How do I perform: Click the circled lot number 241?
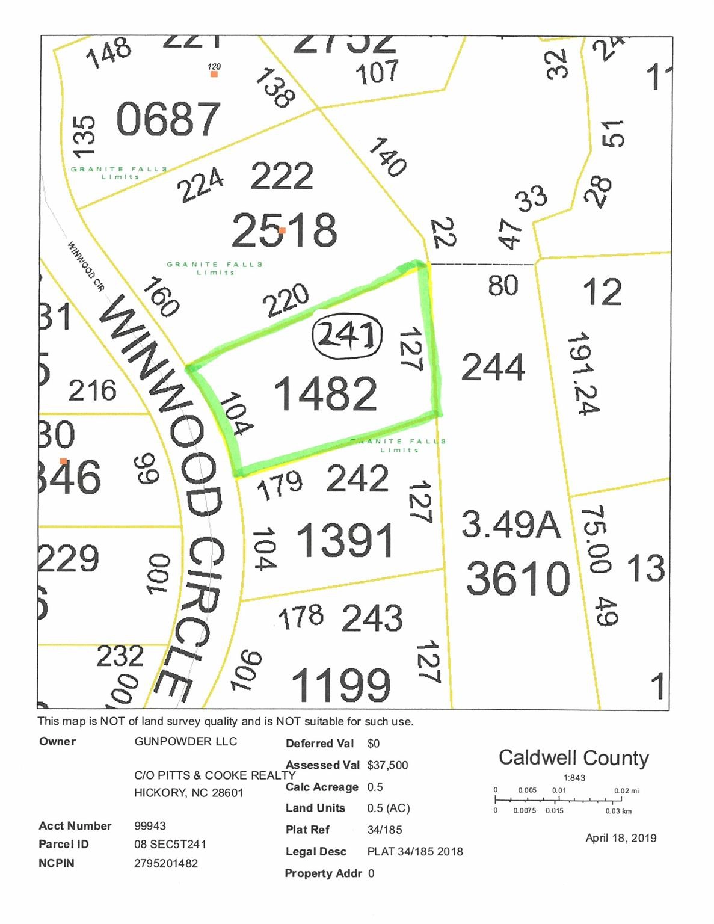tap(347, 336)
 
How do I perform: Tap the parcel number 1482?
tap(325, 394)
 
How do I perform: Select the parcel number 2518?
tap(284, 230)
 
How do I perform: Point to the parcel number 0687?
tap(168, 119)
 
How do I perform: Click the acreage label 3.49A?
tap(511, 524)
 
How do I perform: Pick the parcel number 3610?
tap(518, 578)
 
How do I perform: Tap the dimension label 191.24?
tap(582, 373)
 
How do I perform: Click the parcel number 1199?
tap(341, 685)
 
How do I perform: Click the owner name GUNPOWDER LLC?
tap(186, 741)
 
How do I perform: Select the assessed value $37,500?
tap(387, 765)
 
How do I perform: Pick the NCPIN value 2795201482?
tap(166, 863)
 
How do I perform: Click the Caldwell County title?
tap(573, 758)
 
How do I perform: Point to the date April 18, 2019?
tap(621, 838)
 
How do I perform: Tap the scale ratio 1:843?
tap(574, 778)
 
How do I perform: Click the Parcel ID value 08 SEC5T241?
tap(170, 844)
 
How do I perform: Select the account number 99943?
tap(150, 826)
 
